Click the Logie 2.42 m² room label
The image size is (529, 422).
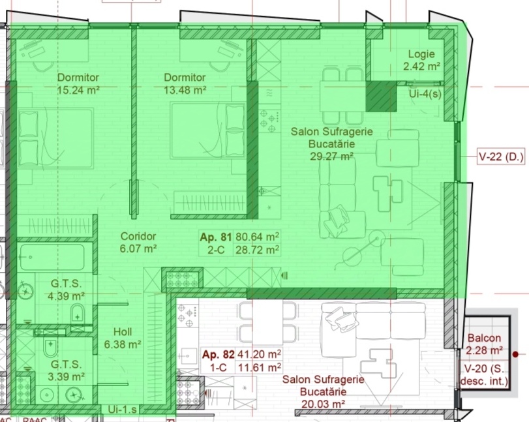click(x=421, y=60)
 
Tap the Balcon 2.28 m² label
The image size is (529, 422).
click(x=484, y=344)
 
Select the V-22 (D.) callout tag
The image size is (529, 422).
click(x=501, y=157)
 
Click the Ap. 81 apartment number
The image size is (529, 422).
click(x=216, y=237)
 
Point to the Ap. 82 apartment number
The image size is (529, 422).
click(x=218, y=354)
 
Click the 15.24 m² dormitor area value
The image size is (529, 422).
click(x=78, y=91)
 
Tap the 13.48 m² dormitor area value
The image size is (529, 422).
click(x=185, y=91)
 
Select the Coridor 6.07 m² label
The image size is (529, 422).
click(x=138, y=242)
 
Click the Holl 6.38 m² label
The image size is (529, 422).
click(x=123, y=338)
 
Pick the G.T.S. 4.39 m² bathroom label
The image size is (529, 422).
click(x=66, y=290)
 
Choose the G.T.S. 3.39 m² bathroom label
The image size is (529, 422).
click(x=66, y=370)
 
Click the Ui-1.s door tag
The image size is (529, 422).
click(x=122, y=410)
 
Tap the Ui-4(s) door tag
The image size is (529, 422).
click(x=425, y=94)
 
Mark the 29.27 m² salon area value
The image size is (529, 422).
click(x=331, y=156)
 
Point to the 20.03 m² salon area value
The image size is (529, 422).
click(x=323, y=404)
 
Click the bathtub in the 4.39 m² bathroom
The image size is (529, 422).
click(x=52, y=258)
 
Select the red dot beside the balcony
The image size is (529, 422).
click(x=515, y=354)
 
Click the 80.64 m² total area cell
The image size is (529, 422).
click(x=258, y=237)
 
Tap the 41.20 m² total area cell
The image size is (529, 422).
click(x=260, y=354)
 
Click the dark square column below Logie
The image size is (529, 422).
click(x=381, y=96)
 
